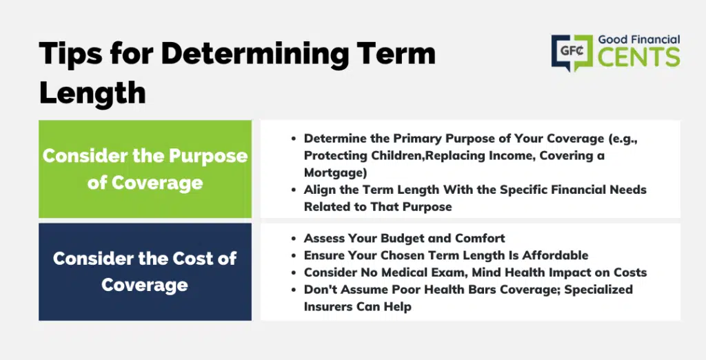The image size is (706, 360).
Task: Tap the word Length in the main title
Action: [x=92, y=94]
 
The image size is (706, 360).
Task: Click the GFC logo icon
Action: [x=572, y=52]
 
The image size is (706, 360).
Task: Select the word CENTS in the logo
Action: [x=639, y=57]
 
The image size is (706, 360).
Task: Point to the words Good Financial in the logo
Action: [x=639, y=39]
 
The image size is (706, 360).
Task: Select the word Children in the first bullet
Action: [x=398, y=155]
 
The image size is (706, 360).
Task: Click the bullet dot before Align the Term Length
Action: [x=294, y=190]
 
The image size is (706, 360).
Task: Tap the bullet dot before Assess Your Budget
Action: [x=294, y=239]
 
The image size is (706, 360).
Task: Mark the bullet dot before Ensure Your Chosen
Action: [x=294, y=256]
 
